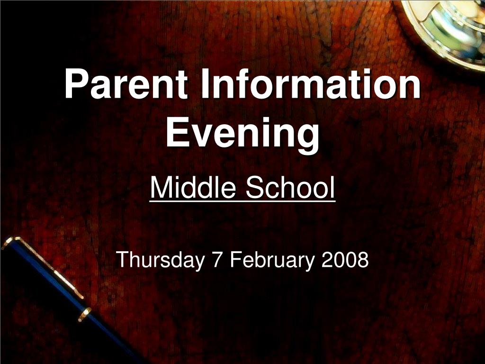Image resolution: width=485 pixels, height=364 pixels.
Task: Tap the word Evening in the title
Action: coord(242,134)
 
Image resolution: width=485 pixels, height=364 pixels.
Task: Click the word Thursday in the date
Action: coord(159,260)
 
